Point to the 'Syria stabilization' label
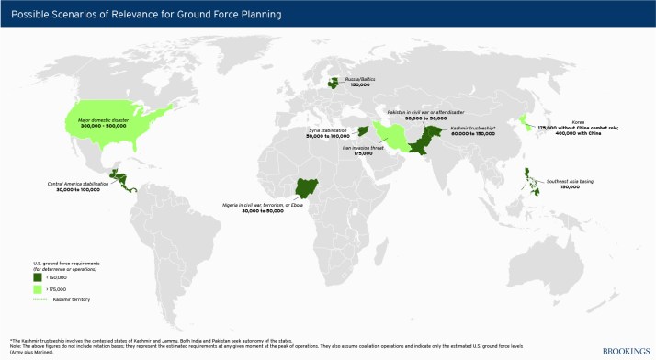(x=330, y=131)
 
